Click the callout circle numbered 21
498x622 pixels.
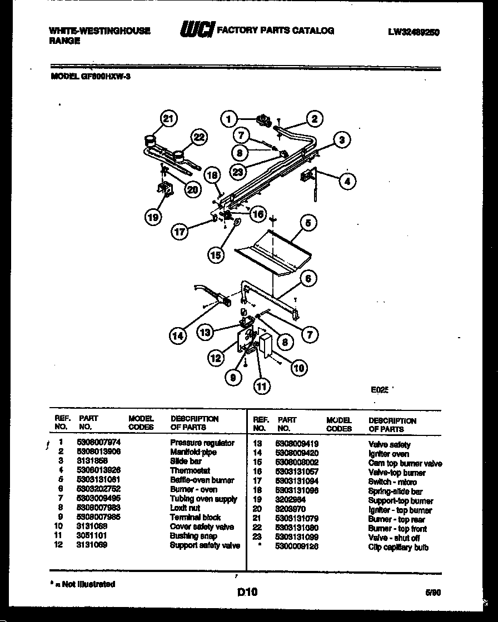click(168, 118)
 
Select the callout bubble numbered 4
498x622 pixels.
click(347, 180)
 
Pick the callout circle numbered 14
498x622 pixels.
click(178, 335)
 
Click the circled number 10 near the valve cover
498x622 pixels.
click(298, 368)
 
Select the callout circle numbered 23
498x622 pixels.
click(239, 172)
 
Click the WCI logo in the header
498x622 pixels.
click(196, 31)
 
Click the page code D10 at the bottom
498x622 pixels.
click(247, 593)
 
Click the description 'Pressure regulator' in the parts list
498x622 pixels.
click(202, 443)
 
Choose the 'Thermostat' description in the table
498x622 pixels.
click(190, 470)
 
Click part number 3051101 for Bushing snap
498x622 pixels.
click(92, 535)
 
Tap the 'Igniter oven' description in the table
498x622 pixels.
click(389, 454)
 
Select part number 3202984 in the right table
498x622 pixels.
click(290, 500)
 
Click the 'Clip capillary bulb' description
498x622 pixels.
click(398, 548)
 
